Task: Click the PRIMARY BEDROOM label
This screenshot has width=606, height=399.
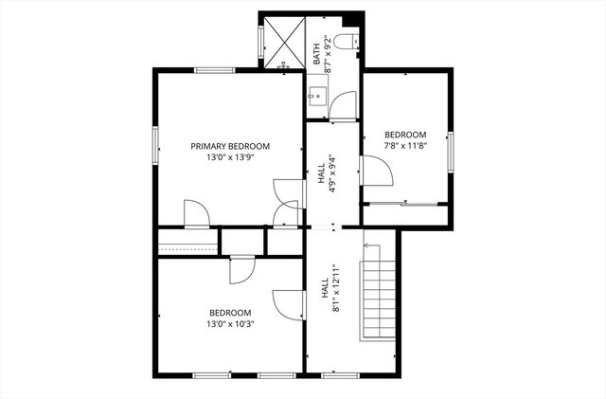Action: pos(230,146)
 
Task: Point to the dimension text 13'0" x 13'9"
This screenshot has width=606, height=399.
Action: pos(230,158)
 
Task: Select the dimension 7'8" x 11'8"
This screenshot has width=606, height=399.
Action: pos(404,146)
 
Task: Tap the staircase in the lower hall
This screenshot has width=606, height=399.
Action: pos(379,294)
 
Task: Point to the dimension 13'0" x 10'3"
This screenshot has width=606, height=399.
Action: pos(230,323)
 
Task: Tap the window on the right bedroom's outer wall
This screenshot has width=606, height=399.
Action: pos(452,152)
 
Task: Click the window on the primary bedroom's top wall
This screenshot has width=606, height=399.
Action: pos(215,69)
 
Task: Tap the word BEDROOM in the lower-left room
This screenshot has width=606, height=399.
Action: pos(230,313)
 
